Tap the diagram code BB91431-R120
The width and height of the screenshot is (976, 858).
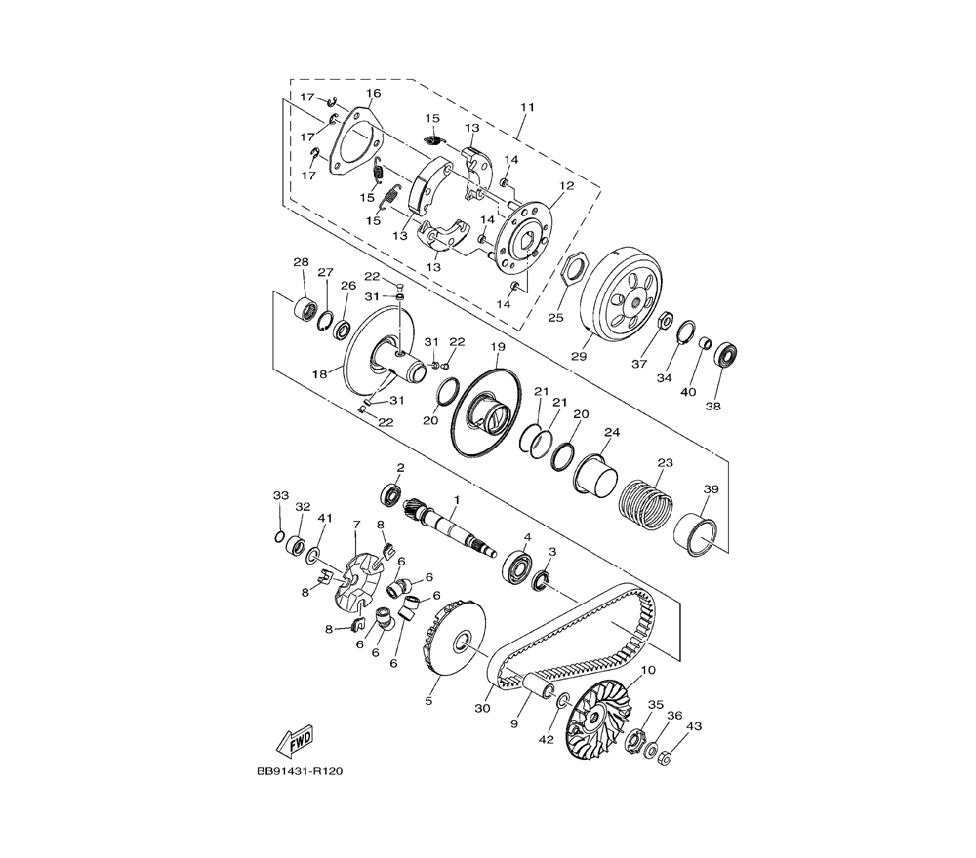pos(300,771)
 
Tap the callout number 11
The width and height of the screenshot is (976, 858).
pos(528,107)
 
